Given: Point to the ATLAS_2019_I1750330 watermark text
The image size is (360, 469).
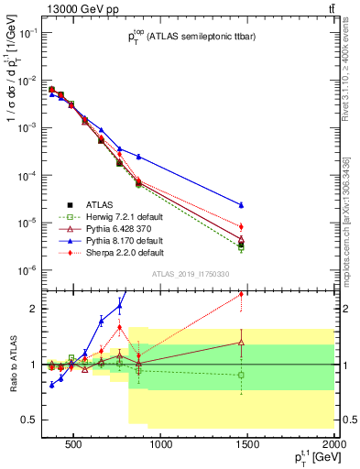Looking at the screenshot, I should pyautogui.click(x=190, y=273).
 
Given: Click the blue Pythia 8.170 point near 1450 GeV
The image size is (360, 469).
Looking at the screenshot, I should pyautogui.click(x=241, y=205).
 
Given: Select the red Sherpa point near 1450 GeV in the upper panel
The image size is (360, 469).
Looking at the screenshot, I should pyautogui.click(x=241, y=226).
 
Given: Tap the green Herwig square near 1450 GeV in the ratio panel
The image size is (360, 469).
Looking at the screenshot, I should pyautogui.click(x=241, y=375).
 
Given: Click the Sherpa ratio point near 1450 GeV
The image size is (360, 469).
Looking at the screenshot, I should pyautogui.click(x=241, y=294).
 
